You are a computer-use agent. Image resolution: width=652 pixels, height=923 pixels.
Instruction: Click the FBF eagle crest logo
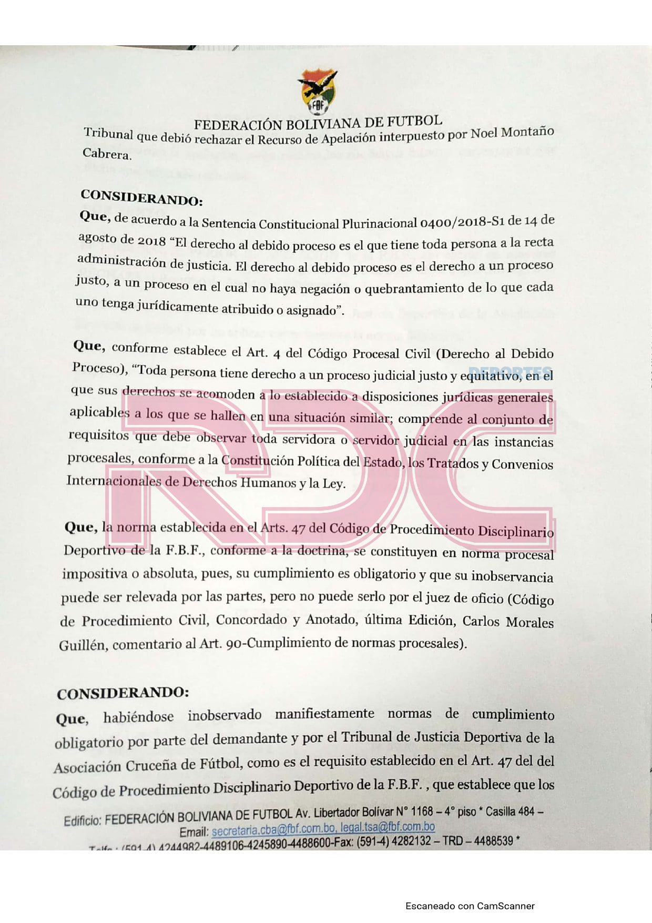(318, 93)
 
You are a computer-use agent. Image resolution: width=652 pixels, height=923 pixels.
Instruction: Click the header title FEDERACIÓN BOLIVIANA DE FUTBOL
(318, 124)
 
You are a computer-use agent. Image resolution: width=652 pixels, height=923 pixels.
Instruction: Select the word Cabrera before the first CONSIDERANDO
(107, 154)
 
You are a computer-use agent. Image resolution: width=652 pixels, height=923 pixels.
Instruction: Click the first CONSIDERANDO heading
(141, 197)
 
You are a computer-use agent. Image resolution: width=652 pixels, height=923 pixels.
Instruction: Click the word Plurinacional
(379, 224)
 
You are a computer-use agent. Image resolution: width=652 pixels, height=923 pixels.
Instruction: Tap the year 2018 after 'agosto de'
(151, 240)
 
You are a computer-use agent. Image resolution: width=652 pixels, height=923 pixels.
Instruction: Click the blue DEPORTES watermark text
(510, 373)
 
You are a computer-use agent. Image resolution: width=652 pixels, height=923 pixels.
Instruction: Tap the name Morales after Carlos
(529, 622)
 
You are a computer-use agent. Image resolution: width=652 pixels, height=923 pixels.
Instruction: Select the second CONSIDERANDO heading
(123, 693)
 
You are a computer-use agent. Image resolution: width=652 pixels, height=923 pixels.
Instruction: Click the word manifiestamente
(324, 714)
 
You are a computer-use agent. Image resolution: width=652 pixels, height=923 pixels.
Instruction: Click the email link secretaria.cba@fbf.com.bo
(273, 829)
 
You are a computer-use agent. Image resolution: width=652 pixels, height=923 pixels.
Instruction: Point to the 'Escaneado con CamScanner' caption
(470, 906)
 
